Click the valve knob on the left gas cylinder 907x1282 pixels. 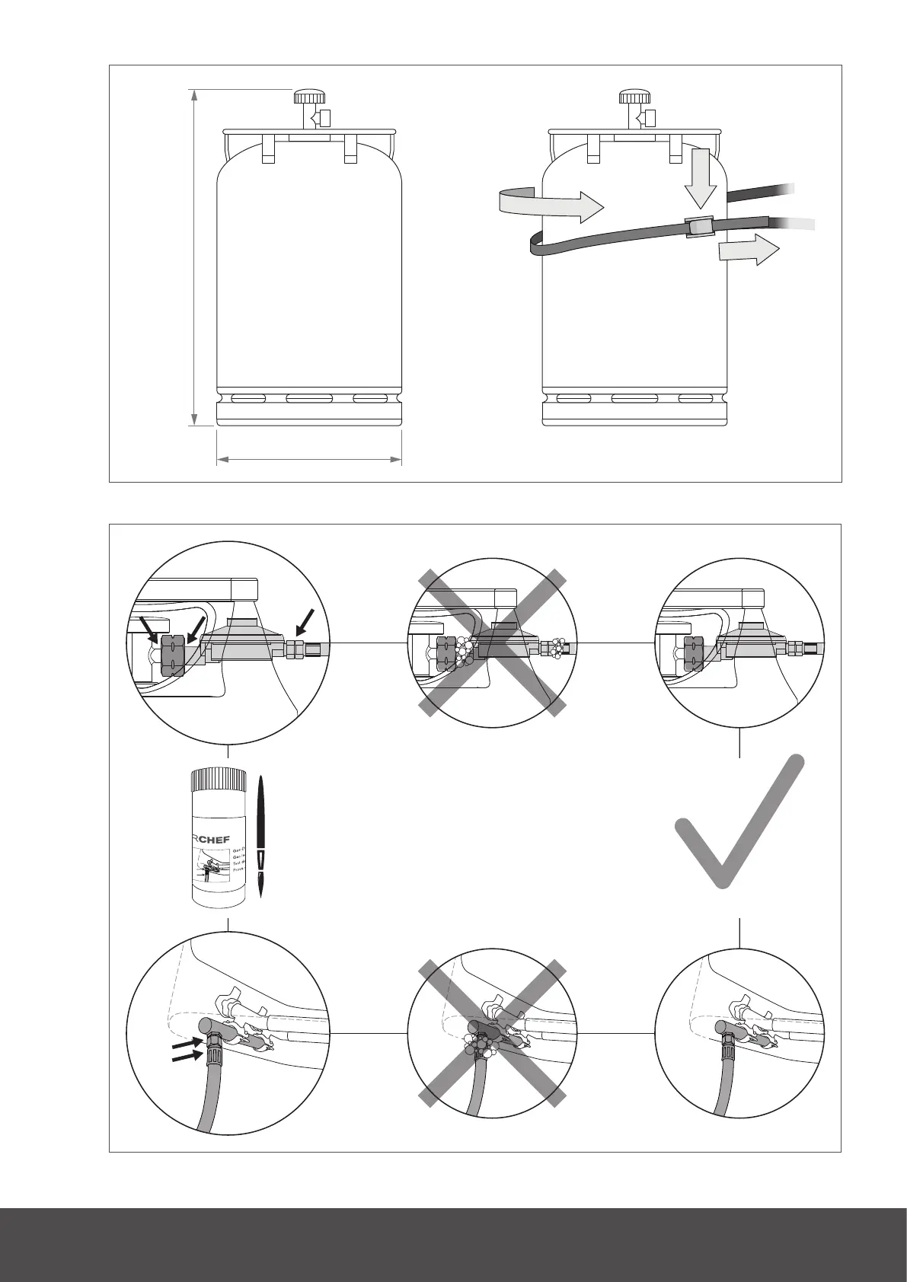(x=309, y=97)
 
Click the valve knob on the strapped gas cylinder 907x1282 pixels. (x=634, y=97)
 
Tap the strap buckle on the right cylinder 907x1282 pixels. (x=699, y=226)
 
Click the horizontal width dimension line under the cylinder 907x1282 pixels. (x=308, y=459)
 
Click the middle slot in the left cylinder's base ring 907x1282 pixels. (x=308, y=397)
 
